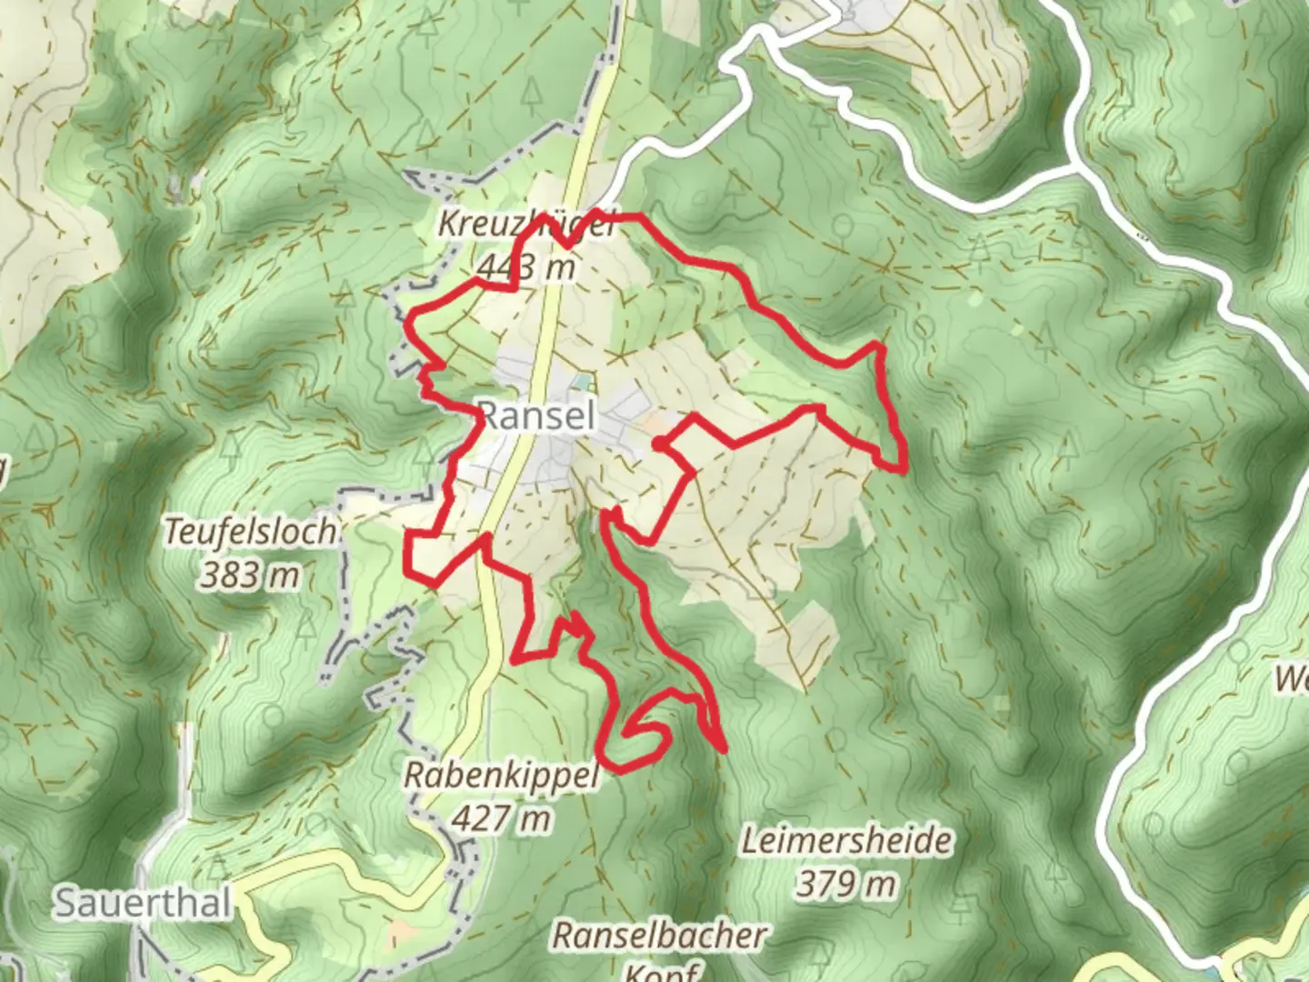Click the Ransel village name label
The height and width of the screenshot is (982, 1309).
[536, 416]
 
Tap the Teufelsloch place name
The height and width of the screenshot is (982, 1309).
[250, 532]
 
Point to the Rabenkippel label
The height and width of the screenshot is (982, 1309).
[501, 776]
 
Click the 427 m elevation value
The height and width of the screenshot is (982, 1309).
[501, 818]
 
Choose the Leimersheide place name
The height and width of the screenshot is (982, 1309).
[846, 840]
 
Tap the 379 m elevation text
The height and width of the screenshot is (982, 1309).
[846, 883]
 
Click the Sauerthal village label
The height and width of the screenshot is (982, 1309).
[143, 903]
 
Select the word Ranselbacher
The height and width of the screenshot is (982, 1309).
[660, 935]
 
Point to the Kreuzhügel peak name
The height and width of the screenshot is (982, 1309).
[525, 224]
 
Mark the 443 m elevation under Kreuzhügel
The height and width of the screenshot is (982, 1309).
[525, 267]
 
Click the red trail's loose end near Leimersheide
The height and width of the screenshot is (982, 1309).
[724, 751]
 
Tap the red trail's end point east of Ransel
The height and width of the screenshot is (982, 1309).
[656, 444]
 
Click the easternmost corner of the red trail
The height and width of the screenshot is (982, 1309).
[904, 468]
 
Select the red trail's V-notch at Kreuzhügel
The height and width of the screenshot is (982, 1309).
[565, 245]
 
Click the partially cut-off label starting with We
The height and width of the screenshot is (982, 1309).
[1291, 678]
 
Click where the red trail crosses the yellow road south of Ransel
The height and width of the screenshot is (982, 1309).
[483, 540]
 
